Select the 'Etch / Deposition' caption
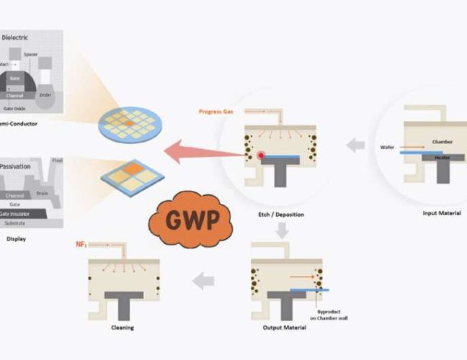[x=280, y=214]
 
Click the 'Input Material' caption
[x=436, y=212]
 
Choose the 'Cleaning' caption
[x=123, y=328]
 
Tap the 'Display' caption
[x=15, y=238]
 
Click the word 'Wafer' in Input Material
[x=388, y=147]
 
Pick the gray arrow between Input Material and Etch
[x=355, y=145]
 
